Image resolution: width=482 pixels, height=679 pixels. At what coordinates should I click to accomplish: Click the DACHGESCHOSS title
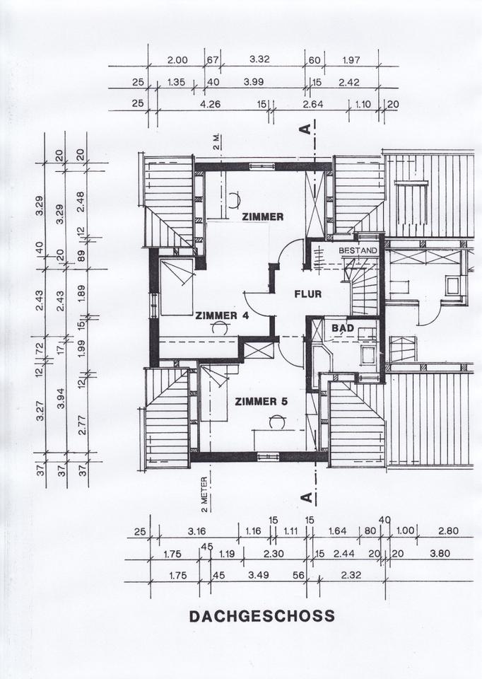coord(261,616)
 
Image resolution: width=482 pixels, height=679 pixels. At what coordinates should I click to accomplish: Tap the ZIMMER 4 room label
coord(221,315)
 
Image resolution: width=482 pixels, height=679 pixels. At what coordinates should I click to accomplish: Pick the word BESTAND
coord(358,251)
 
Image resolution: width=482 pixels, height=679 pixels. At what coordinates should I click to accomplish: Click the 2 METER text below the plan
coord(203,494)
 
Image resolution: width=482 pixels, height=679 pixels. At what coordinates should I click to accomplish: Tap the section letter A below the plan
coord(306,497)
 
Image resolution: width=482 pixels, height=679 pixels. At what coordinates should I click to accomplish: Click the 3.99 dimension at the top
coord(254,82)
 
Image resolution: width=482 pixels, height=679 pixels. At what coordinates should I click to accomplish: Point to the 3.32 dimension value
coord(261,60)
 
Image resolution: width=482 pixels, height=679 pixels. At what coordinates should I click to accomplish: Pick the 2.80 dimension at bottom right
coord(448,532)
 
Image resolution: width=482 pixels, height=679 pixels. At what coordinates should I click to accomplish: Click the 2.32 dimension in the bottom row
coord(351,576)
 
